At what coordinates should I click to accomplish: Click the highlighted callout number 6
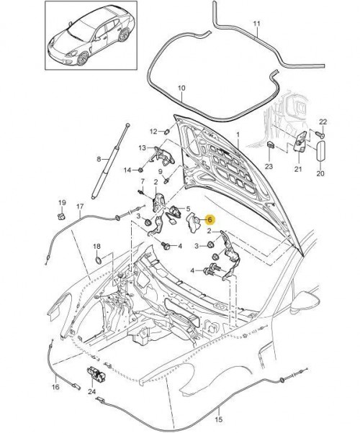pos(210,220)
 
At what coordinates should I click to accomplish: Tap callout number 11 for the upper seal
pos(257,24)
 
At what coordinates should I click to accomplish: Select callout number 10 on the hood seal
pos(181,88)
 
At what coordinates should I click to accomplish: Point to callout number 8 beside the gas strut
pos(99,159)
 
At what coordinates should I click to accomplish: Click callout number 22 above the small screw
pos(323,122)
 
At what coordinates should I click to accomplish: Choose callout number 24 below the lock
pos(91,391)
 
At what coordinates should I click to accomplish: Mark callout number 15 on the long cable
pos(218,419)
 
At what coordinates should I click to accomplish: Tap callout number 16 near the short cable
pos(55,387)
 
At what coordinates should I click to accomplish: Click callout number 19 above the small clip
pos(62,202)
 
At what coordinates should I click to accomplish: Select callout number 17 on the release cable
pos(80,206)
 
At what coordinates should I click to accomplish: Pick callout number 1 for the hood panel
pos(238,135)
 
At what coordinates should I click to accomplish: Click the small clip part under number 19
pos(61,216)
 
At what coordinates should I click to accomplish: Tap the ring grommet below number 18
pos(99,260)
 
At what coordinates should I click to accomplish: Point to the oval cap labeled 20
pos(320,151)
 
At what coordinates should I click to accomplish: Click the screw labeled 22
pos(320,135)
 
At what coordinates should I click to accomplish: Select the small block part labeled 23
pos(271,145)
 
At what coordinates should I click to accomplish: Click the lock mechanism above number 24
pos(96,373)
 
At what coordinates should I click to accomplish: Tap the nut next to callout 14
pos(140,170)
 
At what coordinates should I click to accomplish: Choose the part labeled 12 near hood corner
pos(167,132)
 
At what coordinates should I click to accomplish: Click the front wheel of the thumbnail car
pos(83,58)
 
